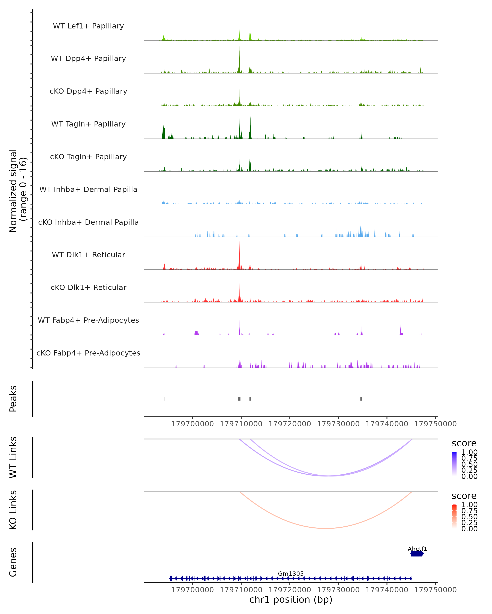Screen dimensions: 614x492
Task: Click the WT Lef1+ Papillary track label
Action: coord(88,26)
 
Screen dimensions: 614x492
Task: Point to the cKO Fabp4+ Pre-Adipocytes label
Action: coord(88,353)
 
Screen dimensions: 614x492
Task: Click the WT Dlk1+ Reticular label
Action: coord(88,255)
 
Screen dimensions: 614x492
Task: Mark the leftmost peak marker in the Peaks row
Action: coord(164,399)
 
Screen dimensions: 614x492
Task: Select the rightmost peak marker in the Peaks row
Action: coord(361,399)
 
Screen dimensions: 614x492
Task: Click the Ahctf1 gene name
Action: coord(417,549)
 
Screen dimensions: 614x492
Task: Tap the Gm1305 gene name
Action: coord(291,573)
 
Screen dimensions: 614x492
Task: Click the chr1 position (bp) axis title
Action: coord(291,599)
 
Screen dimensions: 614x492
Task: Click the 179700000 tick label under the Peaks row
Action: coord(192,424)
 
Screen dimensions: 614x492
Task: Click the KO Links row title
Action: coord(13,510)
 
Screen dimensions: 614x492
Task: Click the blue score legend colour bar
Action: coord(454,464)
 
